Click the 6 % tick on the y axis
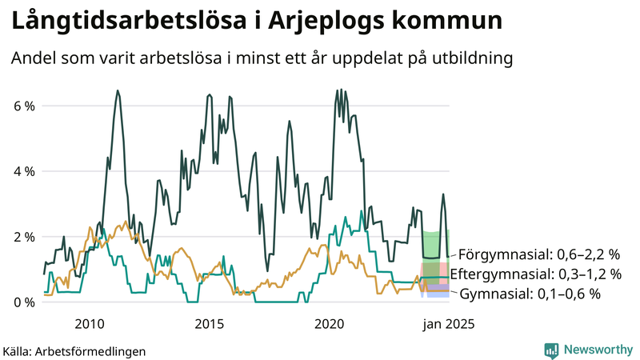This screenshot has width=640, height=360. tap(23, 106)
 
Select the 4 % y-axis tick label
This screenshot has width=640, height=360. tap(23, 171)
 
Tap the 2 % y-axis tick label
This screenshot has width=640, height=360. tap(23, 237)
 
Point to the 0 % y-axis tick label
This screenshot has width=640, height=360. tap(23, 302)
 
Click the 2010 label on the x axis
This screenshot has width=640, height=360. tap(89, 324)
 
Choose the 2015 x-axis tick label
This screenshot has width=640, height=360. tap(210, 324)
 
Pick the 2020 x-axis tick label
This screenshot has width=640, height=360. tap(330, 324)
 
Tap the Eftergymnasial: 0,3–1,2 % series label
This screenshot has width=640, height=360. tap(536, 274)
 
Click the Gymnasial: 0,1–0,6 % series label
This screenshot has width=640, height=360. tap(530, 294)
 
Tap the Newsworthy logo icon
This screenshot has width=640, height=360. tap(551, 350)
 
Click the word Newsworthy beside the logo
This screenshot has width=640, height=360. tap(597, 350)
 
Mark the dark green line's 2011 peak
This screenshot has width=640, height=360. tap(118, 91)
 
